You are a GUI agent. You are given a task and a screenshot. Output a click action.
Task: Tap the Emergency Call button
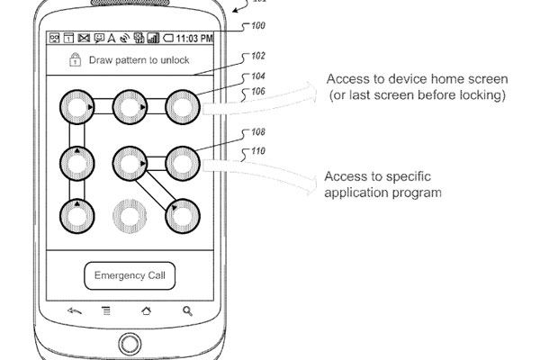pyautogui.click(x=130, y=275)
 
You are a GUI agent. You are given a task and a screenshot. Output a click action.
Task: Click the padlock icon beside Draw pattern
pyautogui.click(x=75, y=59)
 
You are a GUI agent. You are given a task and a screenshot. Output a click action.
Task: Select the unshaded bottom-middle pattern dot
pyautogui.click(x=130, y=216)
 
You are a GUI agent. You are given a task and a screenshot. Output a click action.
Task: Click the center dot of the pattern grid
pyautogui.click(x=130, y=163)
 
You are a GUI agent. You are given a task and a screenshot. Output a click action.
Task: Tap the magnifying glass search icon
pyautogui.click(x=187, y=311)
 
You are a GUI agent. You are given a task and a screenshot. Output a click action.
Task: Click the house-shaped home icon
pyautogui.click(x=147, y=311)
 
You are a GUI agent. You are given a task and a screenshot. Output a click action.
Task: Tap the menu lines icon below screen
pyautogui.click(x=106, y=311)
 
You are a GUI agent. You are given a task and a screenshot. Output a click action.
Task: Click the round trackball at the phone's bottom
pyautogui.click(x=130, y=344)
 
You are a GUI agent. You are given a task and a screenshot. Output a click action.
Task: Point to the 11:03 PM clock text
pyautogui.click(x=194, y=38)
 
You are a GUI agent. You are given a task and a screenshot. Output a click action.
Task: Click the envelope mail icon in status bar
pyautogui.click(x=84, y=38)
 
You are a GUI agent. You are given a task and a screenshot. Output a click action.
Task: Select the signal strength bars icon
pyautogui.click(x=153, y=38)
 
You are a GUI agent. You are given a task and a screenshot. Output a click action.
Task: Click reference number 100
pyautogui.click(x=258, y=25)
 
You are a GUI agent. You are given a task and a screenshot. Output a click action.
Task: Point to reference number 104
pyautogui.click(x=258, y=76)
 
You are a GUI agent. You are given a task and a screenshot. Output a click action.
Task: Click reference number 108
pyautogui.click(x=258, y=132)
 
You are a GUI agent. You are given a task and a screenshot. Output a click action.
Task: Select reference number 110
pyautogui.click(x=258, y=151)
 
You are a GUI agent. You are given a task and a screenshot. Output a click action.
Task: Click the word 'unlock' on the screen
pyautogui.click(x=175, y=60)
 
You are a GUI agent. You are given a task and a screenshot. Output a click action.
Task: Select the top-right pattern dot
pyautogui.click(x=183, y=107)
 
